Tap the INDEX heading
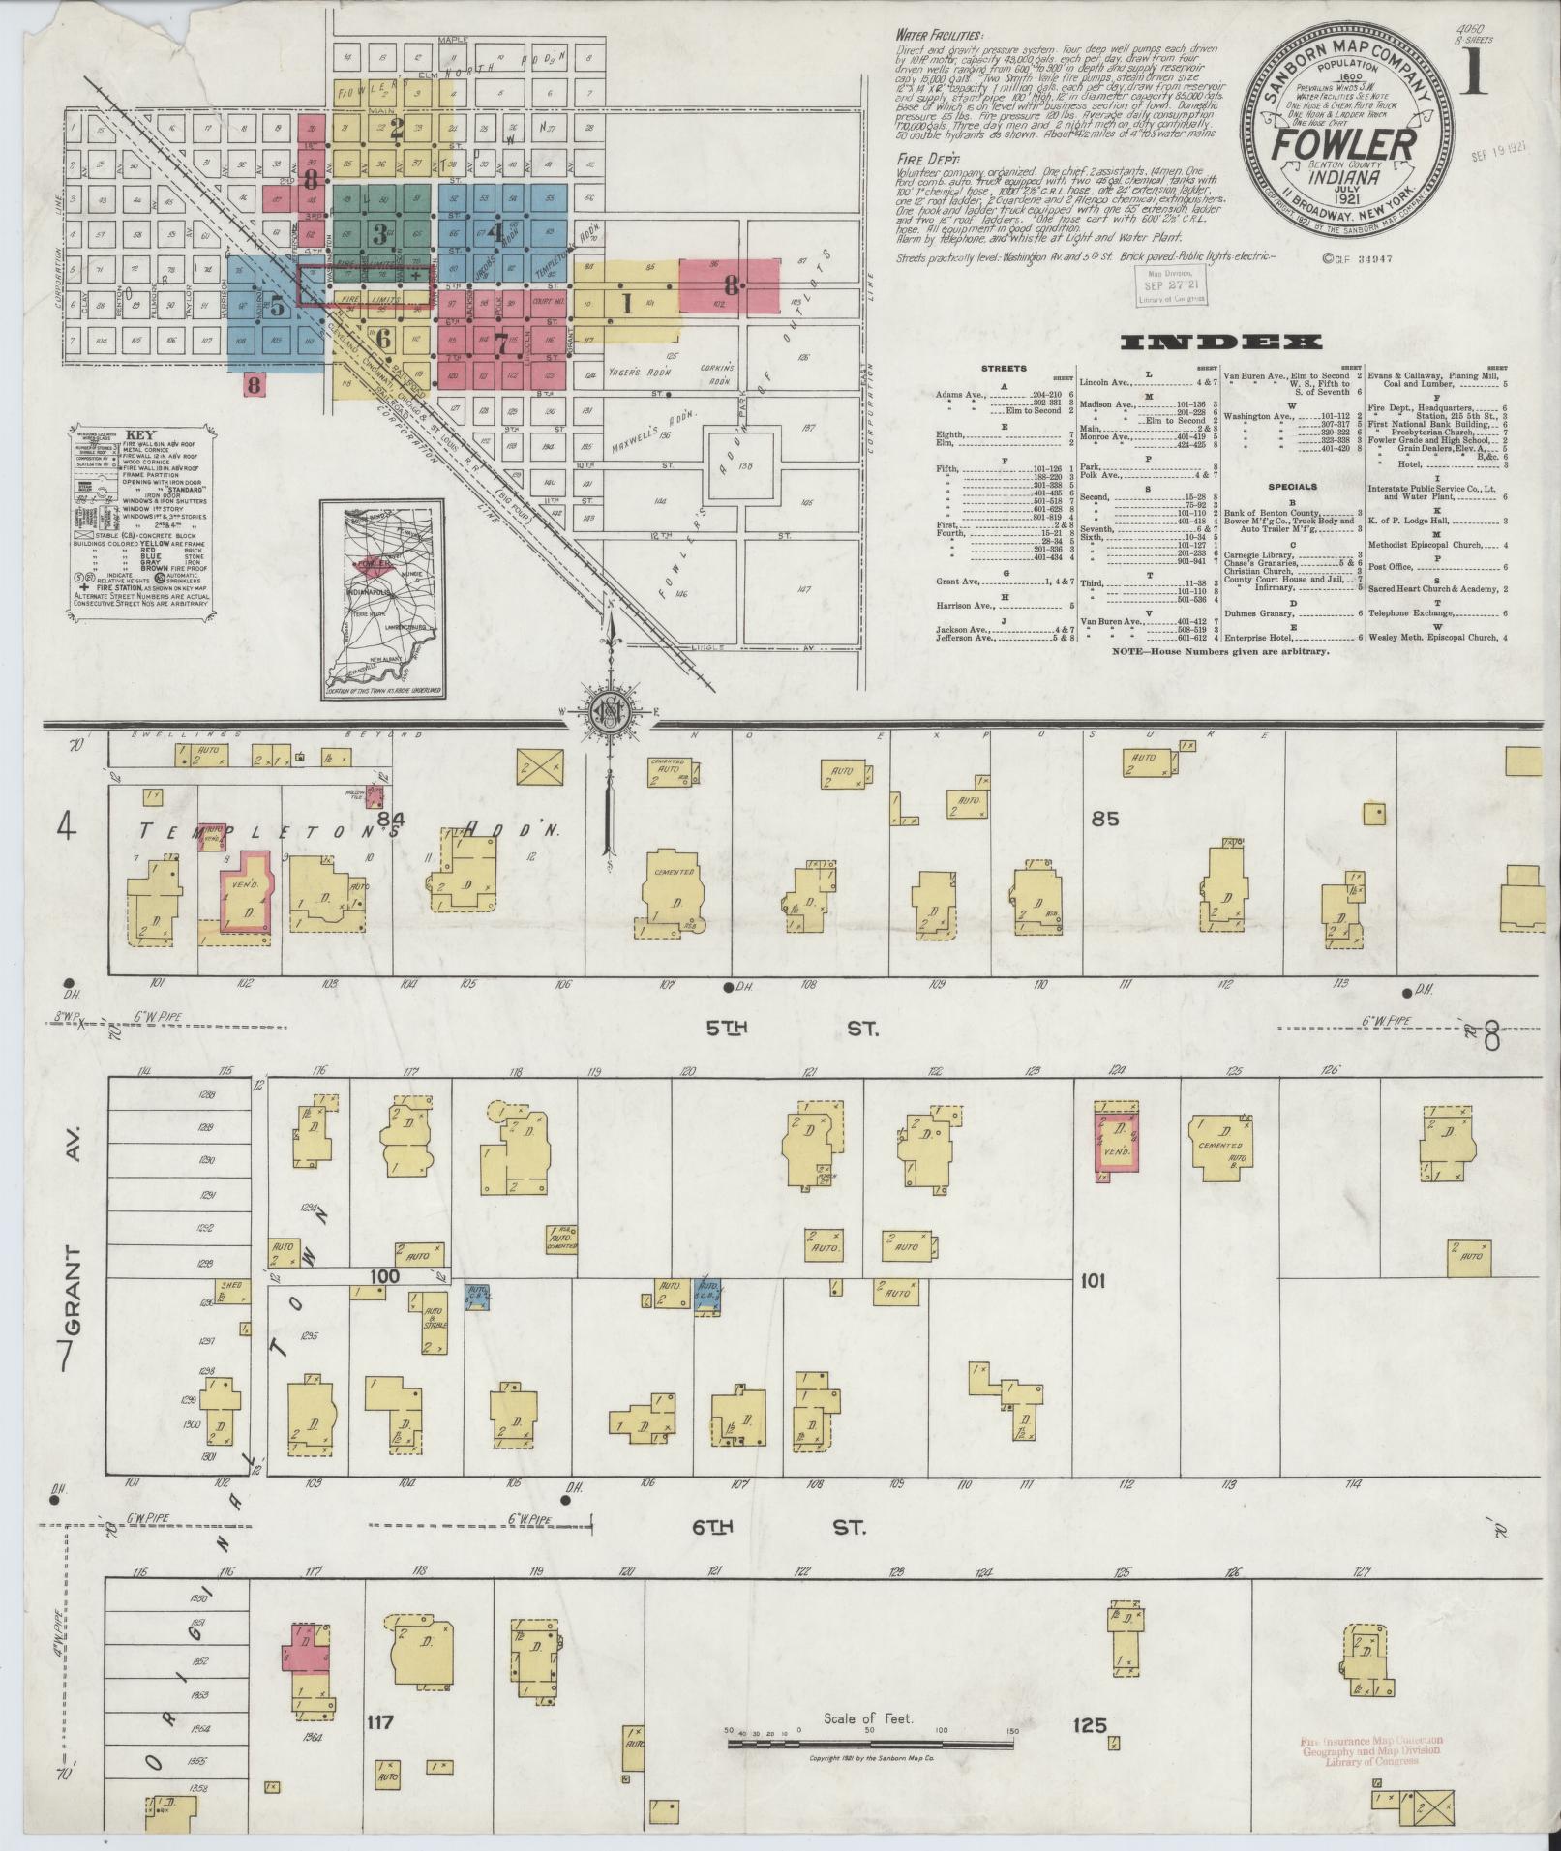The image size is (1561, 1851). point(1220,342)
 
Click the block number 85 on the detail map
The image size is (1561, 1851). point(1104,819)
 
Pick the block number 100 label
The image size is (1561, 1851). point(384,1276)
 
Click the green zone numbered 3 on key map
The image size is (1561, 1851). point(380,231)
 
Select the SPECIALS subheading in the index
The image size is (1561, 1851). point(1291,487)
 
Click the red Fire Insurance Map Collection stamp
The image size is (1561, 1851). point(1372,1749)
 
